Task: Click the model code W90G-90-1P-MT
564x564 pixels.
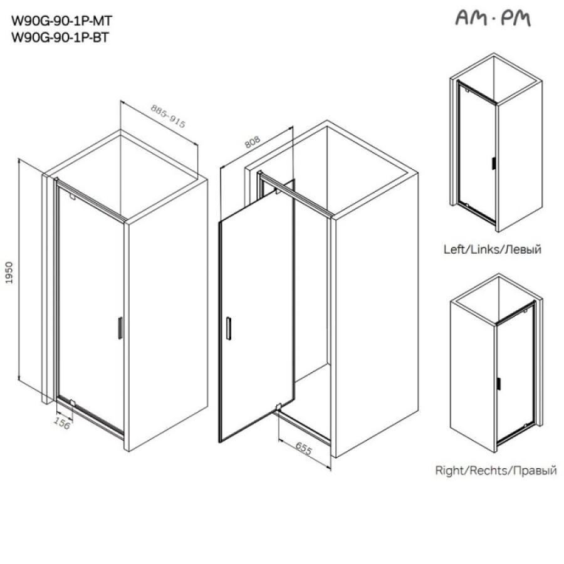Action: click(x=62, y=21)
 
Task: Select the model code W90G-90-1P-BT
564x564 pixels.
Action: click(x=60, y=38)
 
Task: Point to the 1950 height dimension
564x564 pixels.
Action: click(x=9, y=273)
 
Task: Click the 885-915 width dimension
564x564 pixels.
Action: click(x=168, y=116)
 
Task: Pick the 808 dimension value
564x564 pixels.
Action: click(x=252, y=142)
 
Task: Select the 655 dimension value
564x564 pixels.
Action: click(x=303, y=448)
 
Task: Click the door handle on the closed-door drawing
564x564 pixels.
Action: click(x=120, y=328)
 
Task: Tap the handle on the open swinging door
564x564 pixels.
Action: click(x=228, y=328)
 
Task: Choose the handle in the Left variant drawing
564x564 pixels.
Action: click(x=494, y=164)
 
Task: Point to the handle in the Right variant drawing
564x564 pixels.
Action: click(x=499, y=384)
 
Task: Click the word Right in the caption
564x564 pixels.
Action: click(x=450, y=470)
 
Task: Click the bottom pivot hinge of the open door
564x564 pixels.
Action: click(x=278, y=407)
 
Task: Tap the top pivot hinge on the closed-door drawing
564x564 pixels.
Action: click(x=72, y=197)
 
